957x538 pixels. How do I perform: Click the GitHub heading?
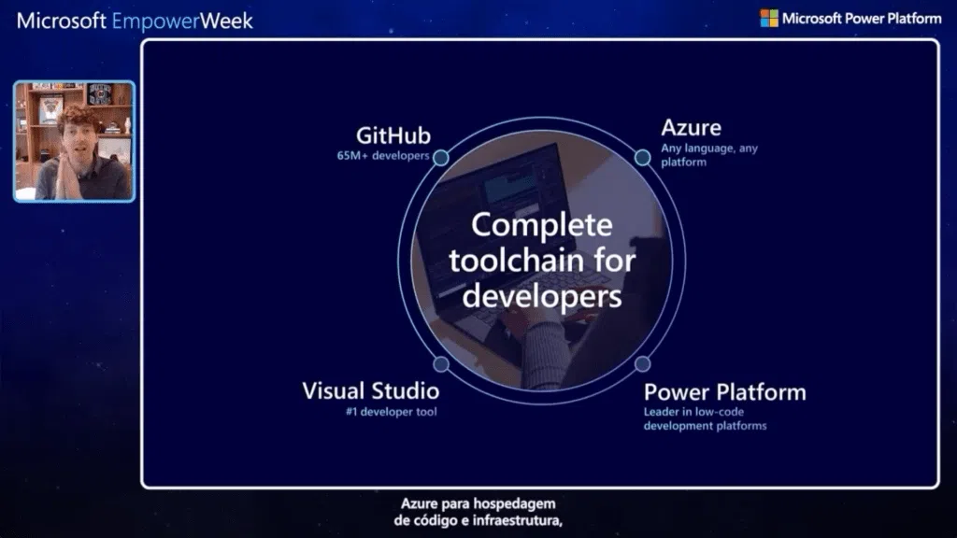(393, 135)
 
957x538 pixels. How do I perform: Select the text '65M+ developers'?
(383, 156)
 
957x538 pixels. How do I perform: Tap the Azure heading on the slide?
(691, 128)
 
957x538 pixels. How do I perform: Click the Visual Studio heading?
(370, 390)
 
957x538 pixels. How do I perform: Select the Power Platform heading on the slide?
(724, 391)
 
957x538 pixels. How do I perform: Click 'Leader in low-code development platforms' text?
(705, 418)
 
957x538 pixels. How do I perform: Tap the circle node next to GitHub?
(441, 157)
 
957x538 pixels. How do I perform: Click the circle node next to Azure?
(642, 157)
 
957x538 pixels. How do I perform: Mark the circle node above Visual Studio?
(441, 363)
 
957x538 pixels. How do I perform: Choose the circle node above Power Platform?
(642, 363)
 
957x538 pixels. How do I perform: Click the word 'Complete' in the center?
(541, 225)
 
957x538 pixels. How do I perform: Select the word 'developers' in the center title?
(541, 296)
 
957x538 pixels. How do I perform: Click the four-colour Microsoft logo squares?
(768, 18)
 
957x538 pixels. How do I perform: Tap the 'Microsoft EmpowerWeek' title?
(135, 21)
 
